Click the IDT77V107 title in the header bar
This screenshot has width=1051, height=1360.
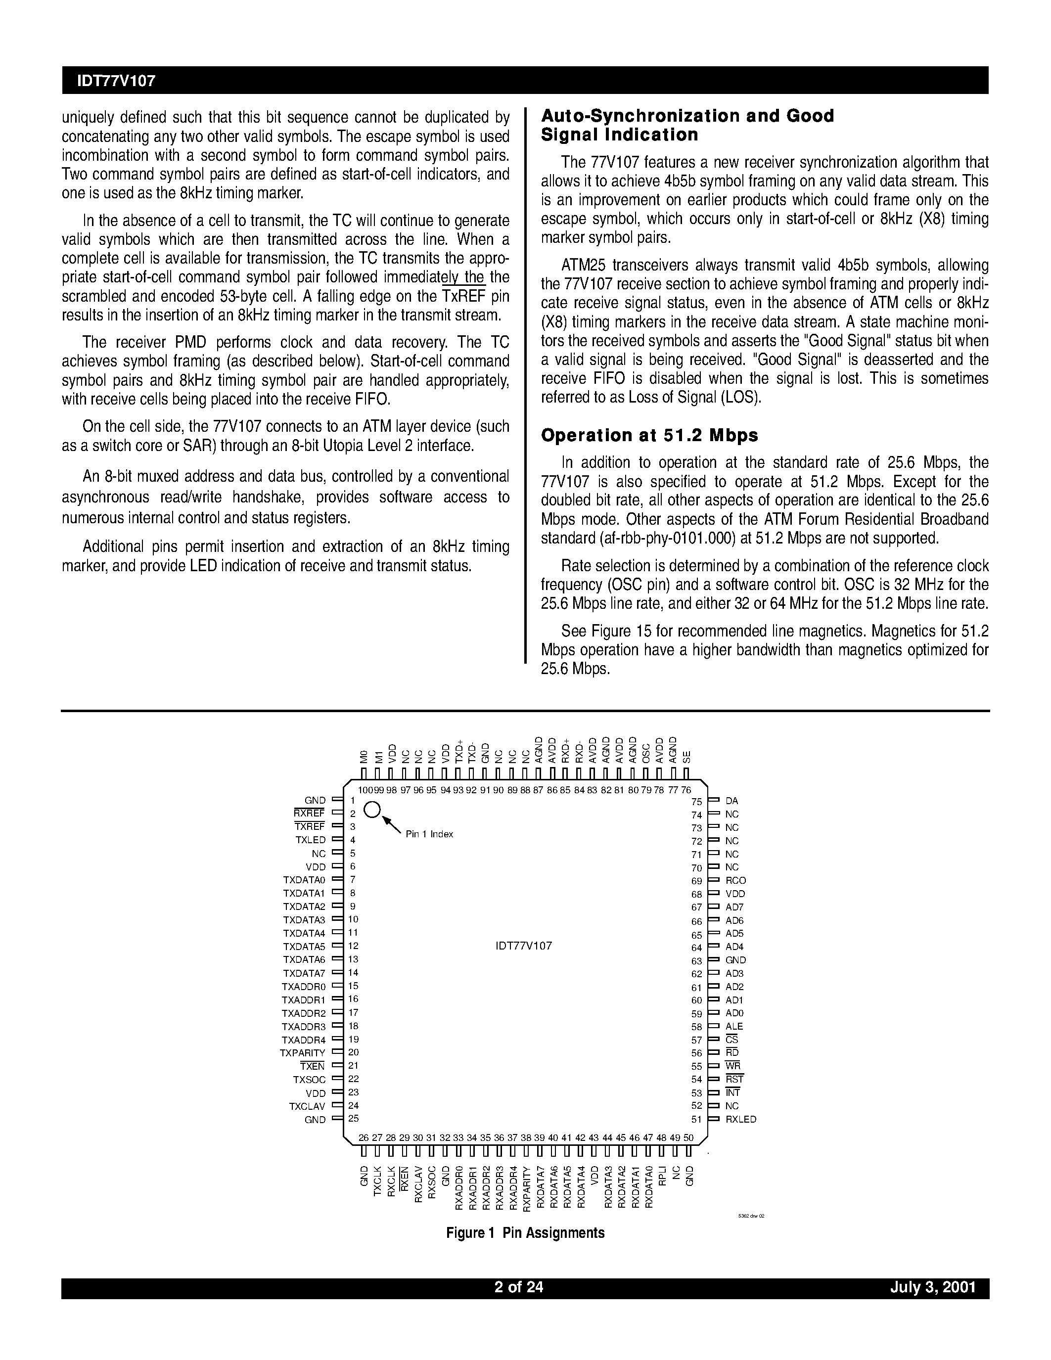116,81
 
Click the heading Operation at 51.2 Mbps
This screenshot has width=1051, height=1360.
649,435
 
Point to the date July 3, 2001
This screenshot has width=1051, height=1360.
932,1286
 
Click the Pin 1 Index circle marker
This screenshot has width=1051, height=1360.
372,810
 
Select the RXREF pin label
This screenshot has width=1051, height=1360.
310,813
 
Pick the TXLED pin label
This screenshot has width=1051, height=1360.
310,840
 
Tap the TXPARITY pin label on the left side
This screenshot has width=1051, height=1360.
303,1053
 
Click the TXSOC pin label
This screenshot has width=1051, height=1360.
310,1079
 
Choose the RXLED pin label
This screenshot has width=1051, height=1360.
741,1119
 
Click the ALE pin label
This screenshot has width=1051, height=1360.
734,1026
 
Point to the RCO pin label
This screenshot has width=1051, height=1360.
735,880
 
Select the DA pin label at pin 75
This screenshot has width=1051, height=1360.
731,801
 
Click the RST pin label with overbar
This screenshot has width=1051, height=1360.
734,1079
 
